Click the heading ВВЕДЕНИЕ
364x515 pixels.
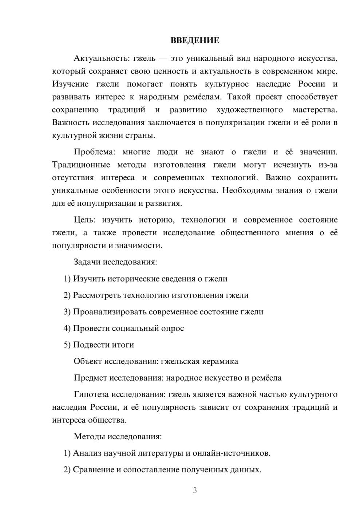[195, 40]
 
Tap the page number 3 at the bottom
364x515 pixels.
[195, 490]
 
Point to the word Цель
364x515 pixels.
[84, 220]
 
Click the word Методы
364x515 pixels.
[90, 436]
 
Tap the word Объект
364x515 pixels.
[88, 361]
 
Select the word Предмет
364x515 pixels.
[90, 378]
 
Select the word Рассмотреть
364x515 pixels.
[97, 295]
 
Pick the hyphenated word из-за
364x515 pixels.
[328, 165]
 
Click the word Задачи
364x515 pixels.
[87, 262]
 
